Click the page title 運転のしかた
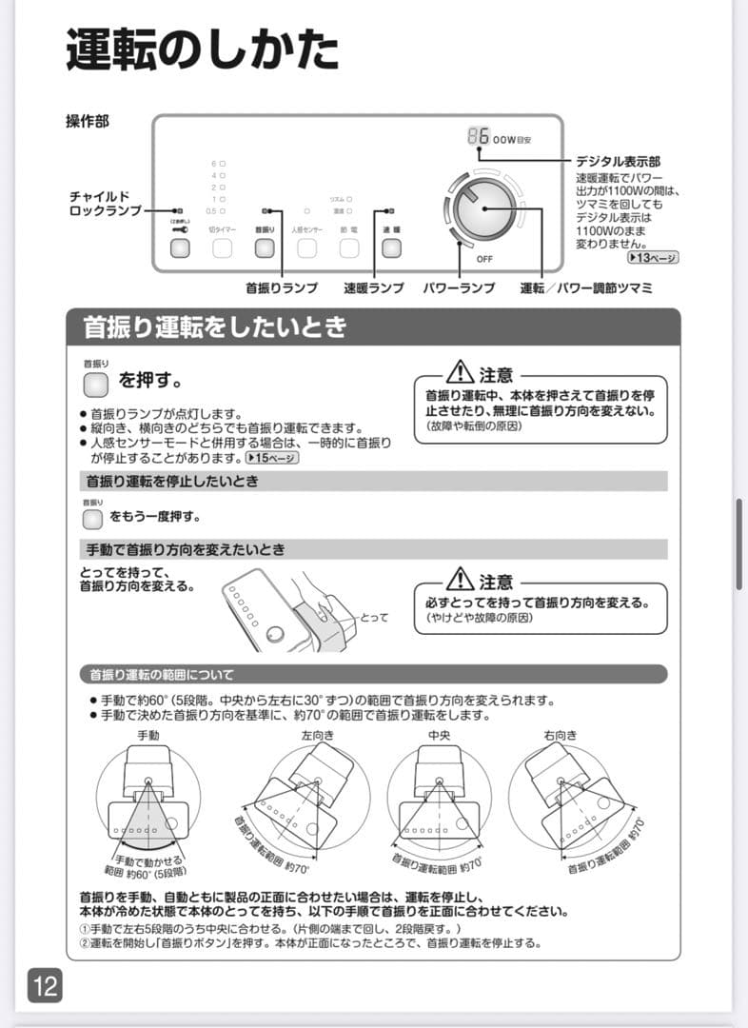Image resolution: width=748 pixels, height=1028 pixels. click(202, 50)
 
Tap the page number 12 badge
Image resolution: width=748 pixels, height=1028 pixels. click(45, 984)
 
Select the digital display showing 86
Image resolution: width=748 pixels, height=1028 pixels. click(479, 136)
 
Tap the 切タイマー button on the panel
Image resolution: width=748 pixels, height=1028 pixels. click(223, 248)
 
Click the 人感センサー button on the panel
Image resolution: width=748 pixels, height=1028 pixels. click(306, 248)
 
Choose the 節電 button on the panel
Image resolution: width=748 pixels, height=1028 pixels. click(349, 248)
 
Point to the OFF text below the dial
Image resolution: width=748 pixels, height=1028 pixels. click(484, 259)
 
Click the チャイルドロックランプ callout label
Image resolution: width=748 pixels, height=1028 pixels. click(105, 202)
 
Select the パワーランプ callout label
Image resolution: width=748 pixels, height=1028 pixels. click(459, 287)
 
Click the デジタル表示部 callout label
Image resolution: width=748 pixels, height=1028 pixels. click(618, 162)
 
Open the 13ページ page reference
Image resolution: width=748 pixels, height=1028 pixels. click(653, 258)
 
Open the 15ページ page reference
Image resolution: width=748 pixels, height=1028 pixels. click(272, 458)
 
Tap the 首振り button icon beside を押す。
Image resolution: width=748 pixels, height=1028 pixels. click(97, 384)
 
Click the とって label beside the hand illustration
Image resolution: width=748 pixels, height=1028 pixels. click(374, 618)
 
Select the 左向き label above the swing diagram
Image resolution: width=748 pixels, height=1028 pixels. click(319, 735)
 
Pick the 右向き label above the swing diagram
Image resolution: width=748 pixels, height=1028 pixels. click(561, 735)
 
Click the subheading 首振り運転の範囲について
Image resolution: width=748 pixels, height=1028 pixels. click(161, 675)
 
